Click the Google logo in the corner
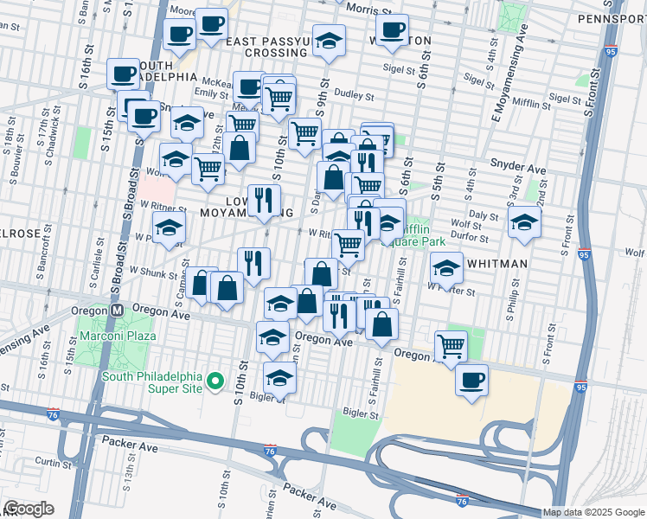click(x=29, y=509)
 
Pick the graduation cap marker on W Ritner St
click(x=170, y=227)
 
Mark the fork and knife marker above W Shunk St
click(x=253, y=262)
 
